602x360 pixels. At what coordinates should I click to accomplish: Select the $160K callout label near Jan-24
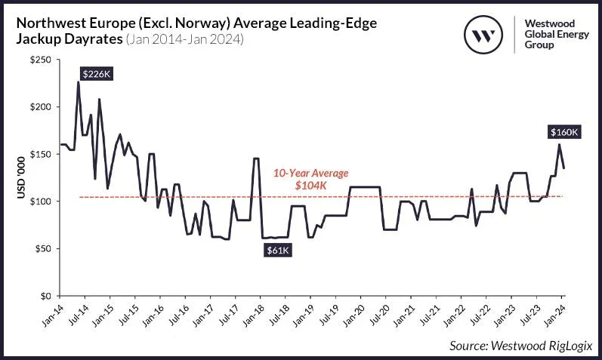pos(563,131)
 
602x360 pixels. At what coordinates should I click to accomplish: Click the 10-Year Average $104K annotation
pos(311,178)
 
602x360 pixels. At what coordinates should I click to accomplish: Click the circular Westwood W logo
pos(484,35)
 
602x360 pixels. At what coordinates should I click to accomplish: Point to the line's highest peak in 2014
pos(78,82)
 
